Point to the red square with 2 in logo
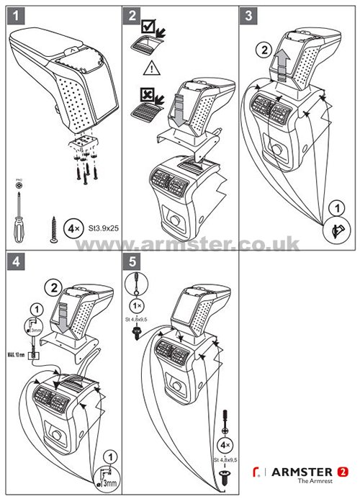[342, 472]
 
